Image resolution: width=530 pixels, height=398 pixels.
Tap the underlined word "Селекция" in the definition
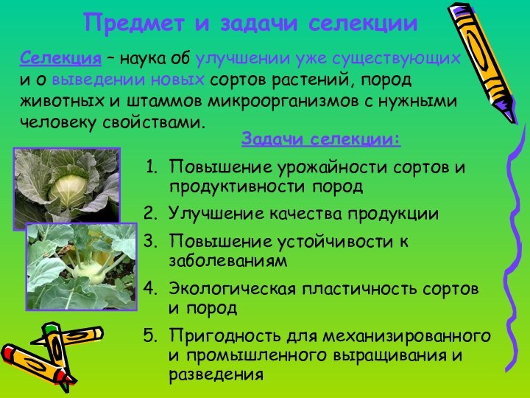pyautogui.click(x=60, y=58)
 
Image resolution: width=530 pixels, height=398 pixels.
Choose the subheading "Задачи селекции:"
pyautogui.click(x=321, y=139)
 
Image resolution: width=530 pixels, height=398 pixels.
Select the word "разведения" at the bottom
pyautogui.click(x=216, y=374)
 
